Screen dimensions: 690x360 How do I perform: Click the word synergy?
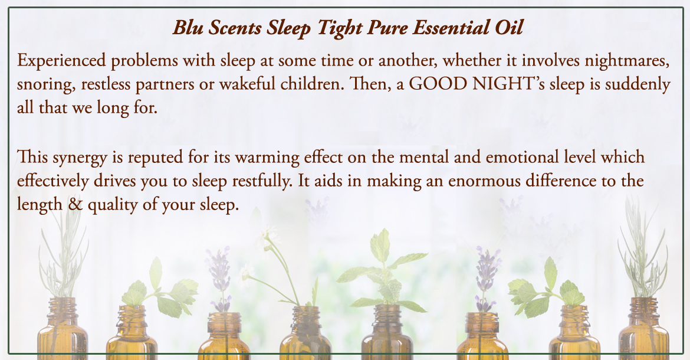(x=80, y=158)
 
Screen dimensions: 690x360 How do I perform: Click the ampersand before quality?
(x=75, y=205)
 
